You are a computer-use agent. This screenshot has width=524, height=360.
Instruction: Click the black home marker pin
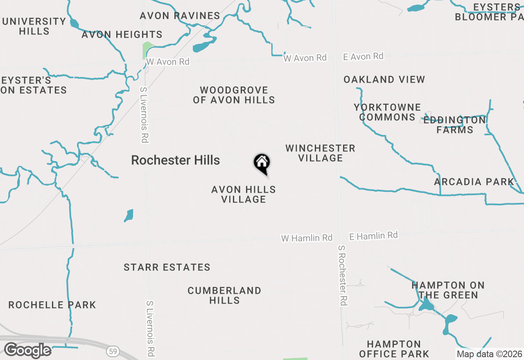262,164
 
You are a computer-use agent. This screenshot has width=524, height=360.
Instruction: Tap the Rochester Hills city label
175,160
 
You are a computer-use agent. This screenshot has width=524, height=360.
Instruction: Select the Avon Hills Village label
244,194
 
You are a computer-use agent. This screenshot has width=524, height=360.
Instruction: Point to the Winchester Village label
321,153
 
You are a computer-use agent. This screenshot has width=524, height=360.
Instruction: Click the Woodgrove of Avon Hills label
234,95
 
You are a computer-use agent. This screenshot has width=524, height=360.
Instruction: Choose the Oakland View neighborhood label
384,80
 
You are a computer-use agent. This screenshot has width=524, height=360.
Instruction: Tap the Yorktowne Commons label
387,112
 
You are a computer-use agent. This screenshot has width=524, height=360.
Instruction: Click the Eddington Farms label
454,125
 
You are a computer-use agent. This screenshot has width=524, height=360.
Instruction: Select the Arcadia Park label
474,182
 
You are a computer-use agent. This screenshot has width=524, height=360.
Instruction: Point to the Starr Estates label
167,268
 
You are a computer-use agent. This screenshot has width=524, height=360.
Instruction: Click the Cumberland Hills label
224,295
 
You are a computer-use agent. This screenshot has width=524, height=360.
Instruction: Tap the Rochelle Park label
52,305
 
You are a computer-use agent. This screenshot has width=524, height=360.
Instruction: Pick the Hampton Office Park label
394,349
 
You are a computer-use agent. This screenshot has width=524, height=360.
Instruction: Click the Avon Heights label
122,35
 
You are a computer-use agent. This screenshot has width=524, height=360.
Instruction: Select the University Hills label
34,26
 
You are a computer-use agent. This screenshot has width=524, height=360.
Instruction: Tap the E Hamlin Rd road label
373,236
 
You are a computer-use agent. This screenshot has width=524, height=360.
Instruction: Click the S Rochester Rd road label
343,275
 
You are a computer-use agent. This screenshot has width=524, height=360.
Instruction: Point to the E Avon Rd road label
363,56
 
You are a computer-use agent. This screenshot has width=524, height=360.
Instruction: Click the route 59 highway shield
113,351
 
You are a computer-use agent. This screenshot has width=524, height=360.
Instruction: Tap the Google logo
27,350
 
